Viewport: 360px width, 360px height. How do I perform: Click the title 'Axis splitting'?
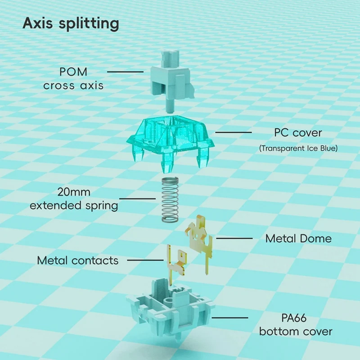[71, 24]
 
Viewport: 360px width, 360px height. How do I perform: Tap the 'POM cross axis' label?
[73, 78]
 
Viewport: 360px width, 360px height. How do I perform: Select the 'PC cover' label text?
[298, 133]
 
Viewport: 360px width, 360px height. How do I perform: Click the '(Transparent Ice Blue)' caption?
[298, 148]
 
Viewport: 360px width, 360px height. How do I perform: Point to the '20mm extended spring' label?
[74, 199]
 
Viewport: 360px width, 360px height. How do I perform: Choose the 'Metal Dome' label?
[298, 238]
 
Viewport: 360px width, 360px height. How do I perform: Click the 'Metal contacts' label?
[78, 260]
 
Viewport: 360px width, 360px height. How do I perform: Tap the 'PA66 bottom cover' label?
[296, 324]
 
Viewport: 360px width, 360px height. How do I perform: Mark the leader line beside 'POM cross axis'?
[125, 72]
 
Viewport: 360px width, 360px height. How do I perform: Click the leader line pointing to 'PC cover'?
[234, 132]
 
